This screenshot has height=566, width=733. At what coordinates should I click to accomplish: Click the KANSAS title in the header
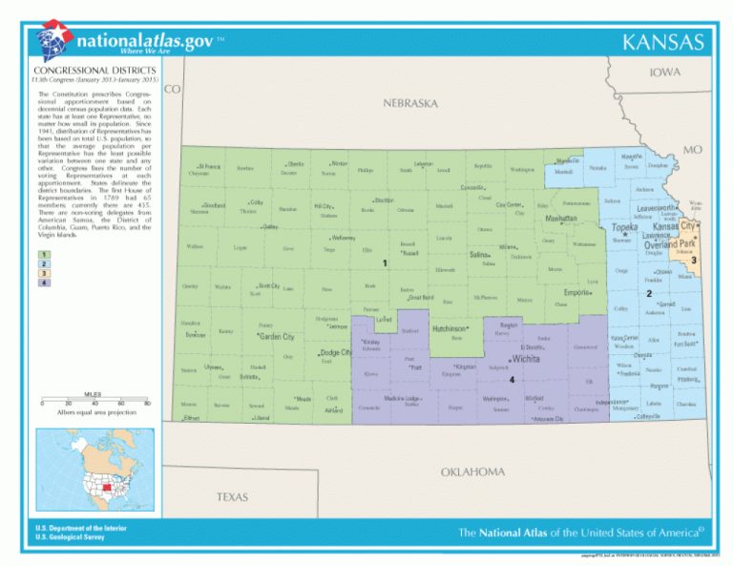coord(662,42)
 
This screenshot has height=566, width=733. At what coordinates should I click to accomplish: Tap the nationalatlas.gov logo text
coord(143,41)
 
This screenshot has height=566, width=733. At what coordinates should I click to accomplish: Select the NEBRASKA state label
coord(409,103)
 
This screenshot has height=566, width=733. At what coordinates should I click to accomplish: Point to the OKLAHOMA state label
coord(472,472)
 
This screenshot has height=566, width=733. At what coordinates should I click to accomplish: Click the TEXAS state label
coord(232,497)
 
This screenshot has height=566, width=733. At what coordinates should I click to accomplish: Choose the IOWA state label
coord(665,73)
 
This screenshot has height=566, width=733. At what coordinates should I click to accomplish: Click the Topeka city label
coord(624,228)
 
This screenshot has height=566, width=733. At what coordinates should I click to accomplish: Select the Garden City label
coord(276,337)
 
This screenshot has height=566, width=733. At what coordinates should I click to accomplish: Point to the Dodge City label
coord(337,352)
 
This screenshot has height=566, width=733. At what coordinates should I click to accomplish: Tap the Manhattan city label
coord(562,219)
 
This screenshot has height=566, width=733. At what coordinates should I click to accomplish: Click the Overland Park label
coord(669,244)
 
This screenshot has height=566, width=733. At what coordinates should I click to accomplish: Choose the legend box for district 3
coord(44,274)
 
